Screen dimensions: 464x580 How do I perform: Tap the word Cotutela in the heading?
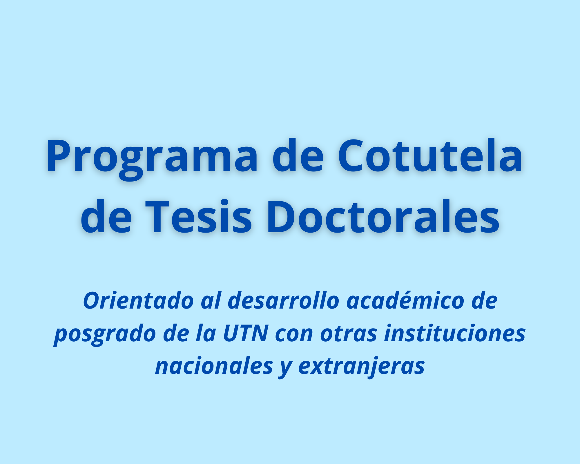click(x=430, y=157)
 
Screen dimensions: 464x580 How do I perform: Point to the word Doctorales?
click(x=383, y=217)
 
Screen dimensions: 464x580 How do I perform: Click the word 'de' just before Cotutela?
click(x=298, y=157)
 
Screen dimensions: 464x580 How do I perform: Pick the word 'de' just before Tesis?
click(x=106, y=217)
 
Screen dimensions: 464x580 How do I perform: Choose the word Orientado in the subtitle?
click(x=138, y=301)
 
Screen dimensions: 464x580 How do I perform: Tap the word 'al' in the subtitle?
click(x=211, y=301)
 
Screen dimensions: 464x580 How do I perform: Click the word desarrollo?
click(x=284, y=301)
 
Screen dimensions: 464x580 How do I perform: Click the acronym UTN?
click(x=245, y=333)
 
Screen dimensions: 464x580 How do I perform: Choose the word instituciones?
click(x=455, y=333)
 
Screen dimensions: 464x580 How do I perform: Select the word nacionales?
click(x=214, y=366)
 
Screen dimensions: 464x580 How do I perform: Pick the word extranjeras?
click(x=361, y=366)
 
